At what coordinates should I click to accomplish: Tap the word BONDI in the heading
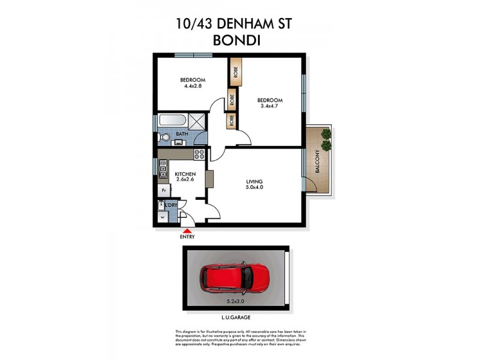(x=239, y=41)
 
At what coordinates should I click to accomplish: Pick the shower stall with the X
(x=197, y=122)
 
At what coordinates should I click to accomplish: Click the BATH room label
(x=182, y=134)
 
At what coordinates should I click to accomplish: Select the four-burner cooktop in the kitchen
(x=200, y=154)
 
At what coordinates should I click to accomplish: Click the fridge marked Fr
(x=163, y=190)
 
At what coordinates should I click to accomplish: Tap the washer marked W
(x=162, y=217)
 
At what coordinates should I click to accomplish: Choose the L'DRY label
(x=171, y=205)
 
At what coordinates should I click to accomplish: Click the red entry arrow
(x=187, y=230)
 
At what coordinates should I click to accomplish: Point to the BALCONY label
(x=317, y=162)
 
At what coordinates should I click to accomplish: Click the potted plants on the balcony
(x=326, y=139)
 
